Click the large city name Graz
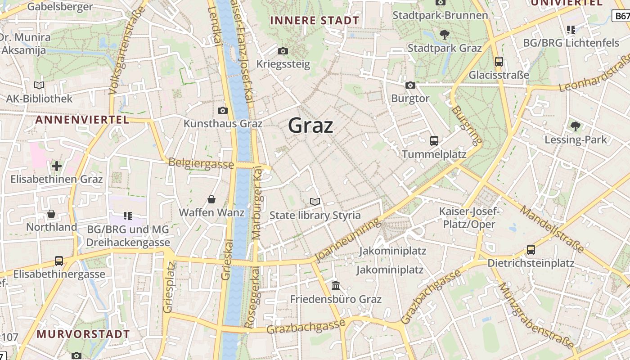pyautogui.click(x=310, y=126)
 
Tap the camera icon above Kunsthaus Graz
pyautogui.click(x=222, y=110)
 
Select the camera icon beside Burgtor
pyautogui.click(x=410, y=85)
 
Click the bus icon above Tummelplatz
pyautogui.click(x=434, y=141)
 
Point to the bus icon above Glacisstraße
pyautogui.click(x=499, y=62)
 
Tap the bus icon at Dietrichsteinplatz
pyautogui.click(x=531, y=250)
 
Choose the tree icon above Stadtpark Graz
pyautogui.click(x=444, y=34)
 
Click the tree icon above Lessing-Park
pyautogui.click(x=575, y=126)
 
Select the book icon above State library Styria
pyautogui.click(x=315, y=202)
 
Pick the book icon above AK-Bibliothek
pyautogui.click(x=39, y=85)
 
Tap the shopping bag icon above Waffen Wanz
pyautogui.click(x=211, y=199)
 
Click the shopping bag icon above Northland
pyautogui.click(x=51, y=214)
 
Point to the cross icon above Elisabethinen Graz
pyautogui.click(x=57, y=166)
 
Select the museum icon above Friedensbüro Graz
pyautogui.click(x=336, y=286)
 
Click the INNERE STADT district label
pyautogui.click(x=315, y=20)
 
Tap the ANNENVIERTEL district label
pyautogui.click(x=82, y=120)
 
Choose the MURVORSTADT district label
pyautogui.click(x=83, y=334)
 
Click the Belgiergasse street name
pyautogui.click(x=201, y=163)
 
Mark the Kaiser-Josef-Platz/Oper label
pyautogui.click(x=469, y=218)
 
